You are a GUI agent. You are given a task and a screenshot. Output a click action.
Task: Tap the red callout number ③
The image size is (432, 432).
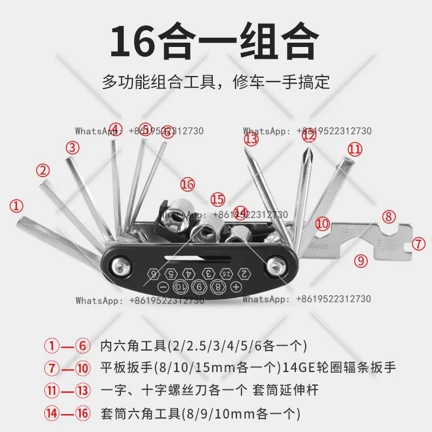(73, 147)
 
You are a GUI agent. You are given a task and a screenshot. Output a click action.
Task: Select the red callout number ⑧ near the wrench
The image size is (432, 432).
(389, 217)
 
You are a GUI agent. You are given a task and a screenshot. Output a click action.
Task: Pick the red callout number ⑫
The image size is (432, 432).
(308, 137)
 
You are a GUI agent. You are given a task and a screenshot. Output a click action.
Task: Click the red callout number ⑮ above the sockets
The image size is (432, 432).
(217, 199)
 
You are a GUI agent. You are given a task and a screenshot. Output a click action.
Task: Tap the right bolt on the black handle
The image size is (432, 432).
(278, 266)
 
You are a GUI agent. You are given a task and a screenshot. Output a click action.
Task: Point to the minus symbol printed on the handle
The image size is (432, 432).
(163, 287)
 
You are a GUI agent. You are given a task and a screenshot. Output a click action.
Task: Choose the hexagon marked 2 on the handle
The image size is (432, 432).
(244, 273)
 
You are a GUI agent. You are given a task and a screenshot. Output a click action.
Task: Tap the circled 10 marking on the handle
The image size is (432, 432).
(181, 287)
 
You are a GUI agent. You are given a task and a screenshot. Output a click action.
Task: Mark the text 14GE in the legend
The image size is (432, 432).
(300, 368)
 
